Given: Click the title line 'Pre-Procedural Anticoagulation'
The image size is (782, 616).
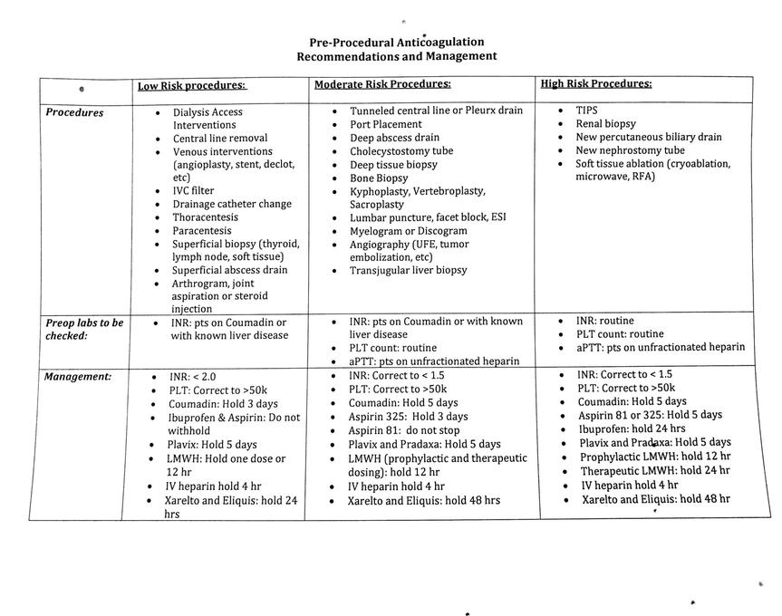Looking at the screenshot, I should [396, 42].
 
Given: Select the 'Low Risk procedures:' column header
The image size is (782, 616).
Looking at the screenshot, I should [191, 86].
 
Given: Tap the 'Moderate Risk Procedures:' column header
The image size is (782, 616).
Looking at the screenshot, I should [382, 84].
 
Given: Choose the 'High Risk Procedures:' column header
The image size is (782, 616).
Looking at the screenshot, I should [595, 83].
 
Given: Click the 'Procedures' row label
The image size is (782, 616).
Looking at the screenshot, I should [74, 113].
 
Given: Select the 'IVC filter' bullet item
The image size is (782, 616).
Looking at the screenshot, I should [194, 191].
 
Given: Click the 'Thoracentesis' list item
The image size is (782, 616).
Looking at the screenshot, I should [206, 217].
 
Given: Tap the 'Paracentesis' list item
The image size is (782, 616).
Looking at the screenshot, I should [204, 231].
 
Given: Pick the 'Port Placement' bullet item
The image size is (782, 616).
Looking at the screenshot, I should [386, 124].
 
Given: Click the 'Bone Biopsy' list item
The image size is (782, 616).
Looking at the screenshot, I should [379, 178].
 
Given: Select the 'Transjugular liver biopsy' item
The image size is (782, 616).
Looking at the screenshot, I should [409, 270].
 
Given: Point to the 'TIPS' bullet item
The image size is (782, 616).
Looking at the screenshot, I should [586, 110].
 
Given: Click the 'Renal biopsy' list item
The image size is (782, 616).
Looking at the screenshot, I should [605, 123].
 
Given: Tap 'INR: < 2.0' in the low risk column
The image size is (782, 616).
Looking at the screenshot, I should [192, 377].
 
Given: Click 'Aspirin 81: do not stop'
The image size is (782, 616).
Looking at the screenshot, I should [403, 430].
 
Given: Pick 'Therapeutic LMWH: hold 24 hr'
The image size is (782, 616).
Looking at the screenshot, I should [655, 470].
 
